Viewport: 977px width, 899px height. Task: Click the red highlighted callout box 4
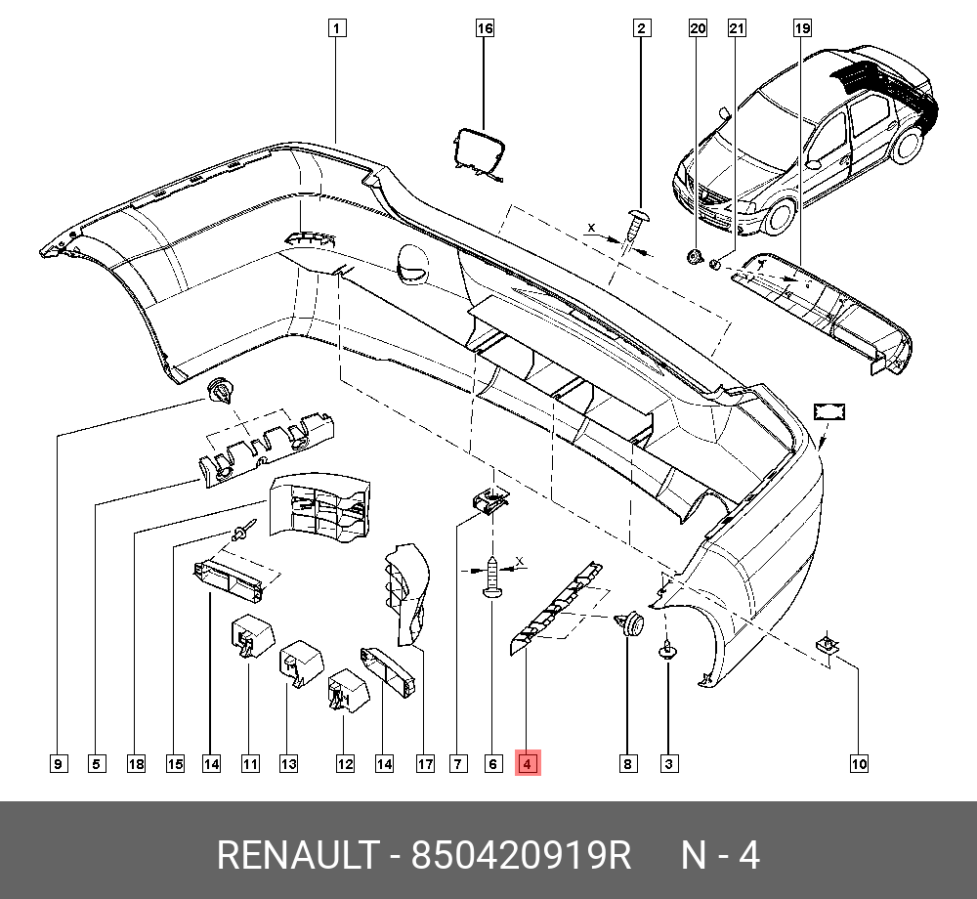pyautogui.click(x=527, y=763)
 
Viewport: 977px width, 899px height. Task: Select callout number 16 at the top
pyautogui.click(x=485, y=28)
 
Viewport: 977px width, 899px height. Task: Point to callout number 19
pyautogui.click(x=801, y=28)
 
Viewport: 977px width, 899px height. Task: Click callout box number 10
pyautogui.click(x=859, y=763)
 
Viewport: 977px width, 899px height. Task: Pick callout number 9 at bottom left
pyautogui.click(x=58, y=763)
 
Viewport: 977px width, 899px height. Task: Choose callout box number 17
pyautogui.click(x=424, y=763)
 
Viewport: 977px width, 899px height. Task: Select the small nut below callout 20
pyautogui.click(x=694, y=258)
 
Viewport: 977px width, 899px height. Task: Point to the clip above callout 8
pyautogui.click(x=629, y=622)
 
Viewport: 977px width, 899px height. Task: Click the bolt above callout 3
pyautogui.click(x=668, y=649)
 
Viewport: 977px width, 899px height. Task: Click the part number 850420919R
pyautogui.click(x=522, y=856)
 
